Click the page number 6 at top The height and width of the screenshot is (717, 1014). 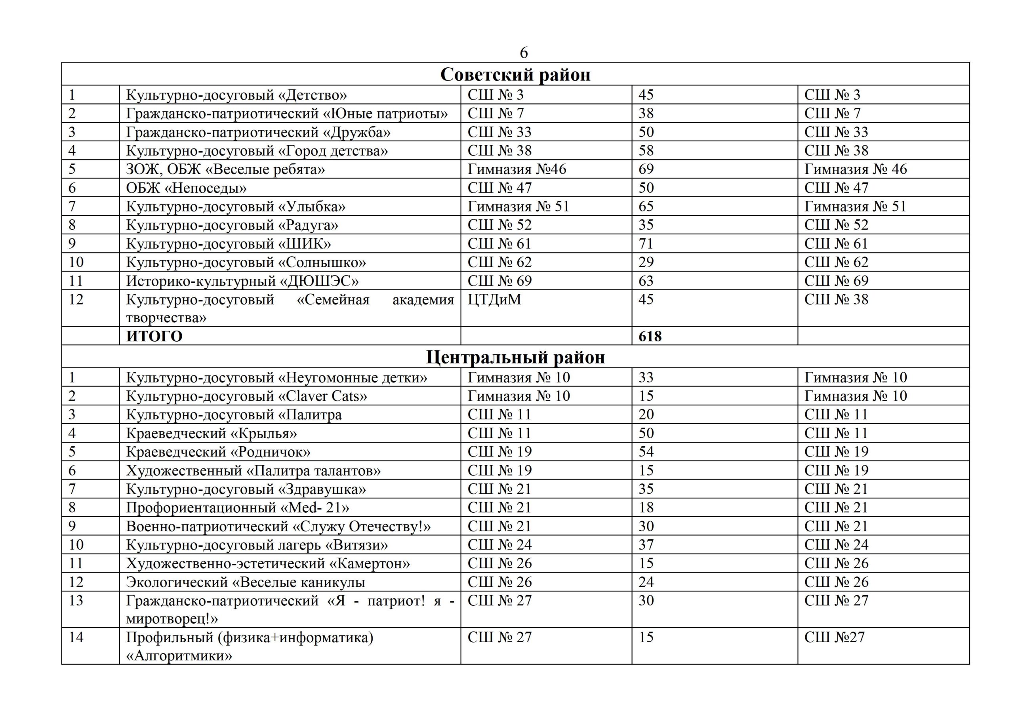coord(523,53)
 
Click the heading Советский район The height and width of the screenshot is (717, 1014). coord(515,74)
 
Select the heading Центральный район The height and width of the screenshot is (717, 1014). coord(515,357)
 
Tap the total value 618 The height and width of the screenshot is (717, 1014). coord(650,337)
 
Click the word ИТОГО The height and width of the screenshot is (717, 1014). coord(154,337)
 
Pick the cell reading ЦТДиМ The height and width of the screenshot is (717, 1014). coord(494,299)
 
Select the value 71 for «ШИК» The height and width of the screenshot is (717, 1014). coord(646,244)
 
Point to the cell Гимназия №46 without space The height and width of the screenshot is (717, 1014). coord(517,169)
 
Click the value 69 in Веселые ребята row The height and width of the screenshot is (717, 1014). coord(646,169)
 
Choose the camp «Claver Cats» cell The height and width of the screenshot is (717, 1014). coord(246,396)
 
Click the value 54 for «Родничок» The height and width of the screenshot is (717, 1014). coord(646,452)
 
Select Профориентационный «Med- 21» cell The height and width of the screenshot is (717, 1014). coord(237,508)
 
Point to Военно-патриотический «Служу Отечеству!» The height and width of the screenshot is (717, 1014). coord(278,526)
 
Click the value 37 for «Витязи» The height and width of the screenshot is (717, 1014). coord(646,545)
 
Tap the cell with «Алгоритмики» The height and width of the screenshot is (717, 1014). coord(179,656)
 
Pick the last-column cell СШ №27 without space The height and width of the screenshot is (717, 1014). coord(834,637)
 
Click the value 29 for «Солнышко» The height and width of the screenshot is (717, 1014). coord(646,262)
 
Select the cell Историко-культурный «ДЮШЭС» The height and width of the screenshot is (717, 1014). coord(242,281)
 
